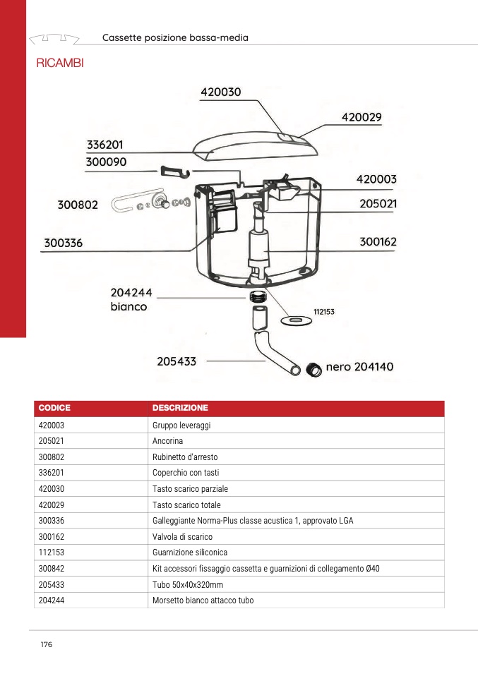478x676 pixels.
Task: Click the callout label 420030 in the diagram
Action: pos(221,92)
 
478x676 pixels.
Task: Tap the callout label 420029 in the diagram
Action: pos(362,117)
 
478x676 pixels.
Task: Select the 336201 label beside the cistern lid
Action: pos(105,145)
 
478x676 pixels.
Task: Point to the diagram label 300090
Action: pos(107,162)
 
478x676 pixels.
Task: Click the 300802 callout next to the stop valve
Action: pos(78,205)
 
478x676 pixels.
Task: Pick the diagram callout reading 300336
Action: pos(64,243)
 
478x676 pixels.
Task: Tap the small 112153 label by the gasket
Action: pos(323,311)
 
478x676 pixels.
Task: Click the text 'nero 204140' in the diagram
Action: pos(359,367)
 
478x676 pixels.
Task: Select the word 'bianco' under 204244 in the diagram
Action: pos(129,307)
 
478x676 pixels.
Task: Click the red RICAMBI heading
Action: pos(59,64)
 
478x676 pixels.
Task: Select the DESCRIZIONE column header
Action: pos(180,409)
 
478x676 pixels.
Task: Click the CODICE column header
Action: pos(54,409)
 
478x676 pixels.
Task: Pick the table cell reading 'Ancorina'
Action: pos(167,441)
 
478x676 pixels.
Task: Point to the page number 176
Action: pos(47,645)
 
